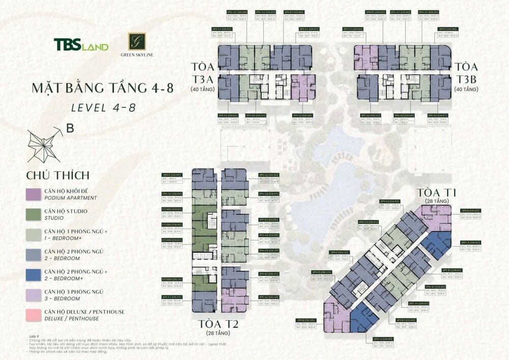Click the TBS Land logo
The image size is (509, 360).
(81, 45)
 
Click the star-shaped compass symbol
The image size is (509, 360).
(45, 143)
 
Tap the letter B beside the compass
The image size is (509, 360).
(70, 129)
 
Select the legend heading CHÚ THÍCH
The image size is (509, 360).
(58, 175)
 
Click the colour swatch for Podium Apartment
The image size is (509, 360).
(34, 194)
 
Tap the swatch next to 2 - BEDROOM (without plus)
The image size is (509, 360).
(34, 254)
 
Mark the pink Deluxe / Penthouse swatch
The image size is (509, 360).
(34, 314)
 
